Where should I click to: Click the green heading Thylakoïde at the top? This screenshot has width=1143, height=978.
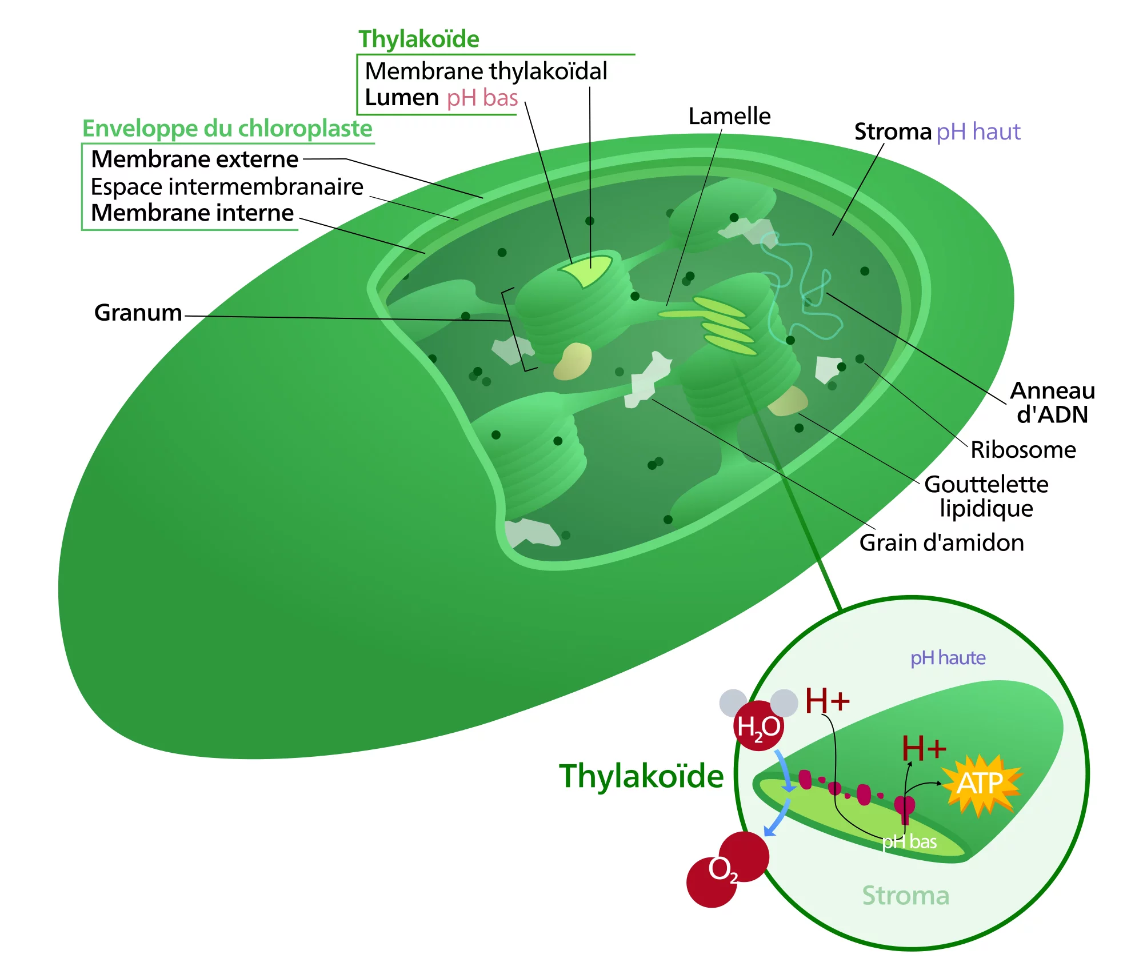click(x=418, y=39)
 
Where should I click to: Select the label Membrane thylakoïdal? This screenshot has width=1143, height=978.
click(x=486, y=71)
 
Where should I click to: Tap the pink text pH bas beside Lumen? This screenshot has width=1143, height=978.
click(x=482, y=98)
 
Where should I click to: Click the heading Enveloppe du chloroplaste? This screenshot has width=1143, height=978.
click(x=227, y=129)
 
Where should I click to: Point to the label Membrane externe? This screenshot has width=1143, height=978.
click(x=194, y=159)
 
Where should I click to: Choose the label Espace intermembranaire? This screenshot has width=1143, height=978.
click(x=227, y=186)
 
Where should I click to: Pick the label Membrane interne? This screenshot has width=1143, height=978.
click(x=192, y=213)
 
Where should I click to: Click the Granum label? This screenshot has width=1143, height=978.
click(x=138, y=313)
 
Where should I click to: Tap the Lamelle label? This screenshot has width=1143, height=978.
click(x=729, y=116)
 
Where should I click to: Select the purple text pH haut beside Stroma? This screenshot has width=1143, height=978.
click(x=978, y=131)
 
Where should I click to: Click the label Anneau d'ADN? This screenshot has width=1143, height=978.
click(x=1052, y=402)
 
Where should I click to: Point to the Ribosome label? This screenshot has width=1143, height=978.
click(x=1023, y=450)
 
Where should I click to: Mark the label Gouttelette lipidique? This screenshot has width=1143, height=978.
click(x=986, y=496)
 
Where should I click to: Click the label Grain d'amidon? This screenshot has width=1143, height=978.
click(x=941, y=542)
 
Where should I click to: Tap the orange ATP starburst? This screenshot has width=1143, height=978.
click(x=981, y=783)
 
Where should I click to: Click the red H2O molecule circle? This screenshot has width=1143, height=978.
click(x=758, y=726)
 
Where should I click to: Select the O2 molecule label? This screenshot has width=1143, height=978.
click(x=722, y=869)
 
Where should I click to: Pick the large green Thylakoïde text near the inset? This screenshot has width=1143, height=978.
click(x=641, y=776)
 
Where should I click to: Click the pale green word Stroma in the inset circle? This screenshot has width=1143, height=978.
click(x=905, y=895)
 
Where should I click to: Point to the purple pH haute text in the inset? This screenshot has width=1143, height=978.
click(x=948, y=658)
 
